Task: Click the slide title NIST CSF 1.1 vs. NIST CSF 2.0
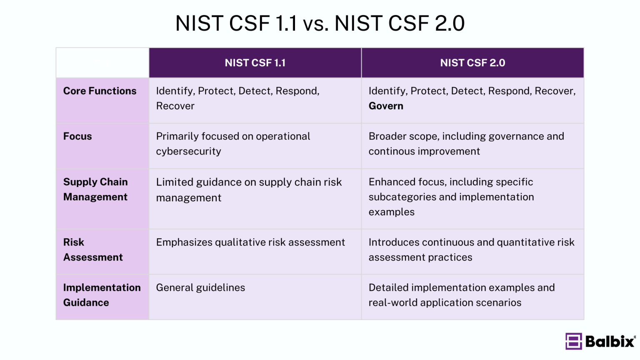coord(320,23)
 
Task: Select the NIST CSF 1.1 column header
coord(255,63)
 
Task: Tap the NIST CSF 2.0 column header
coord(472,63)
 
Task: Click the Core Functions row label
coord(100,91)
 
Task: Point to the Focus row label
coord(77,137)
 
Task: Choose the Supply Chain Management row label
coord(95,190)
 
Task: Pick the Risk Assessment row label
coord(93,250)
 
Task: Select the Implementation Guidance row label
coord(102,295)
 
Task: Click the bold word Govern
coord(386,106)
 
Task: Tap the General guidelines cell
coord(200,288)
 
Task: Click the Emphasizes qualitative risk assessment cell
coord(250,242)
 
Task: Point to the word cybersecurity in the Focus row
coord(188,152)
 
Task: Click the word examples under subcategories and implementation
coord(391,212)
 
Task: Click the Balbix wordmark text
coord(610,342)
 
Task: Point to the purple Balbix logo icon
coord(574,341)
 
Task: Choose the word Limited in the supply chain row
coord(175,182)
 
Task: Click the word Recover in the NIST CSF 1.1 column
coord(175,106)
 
